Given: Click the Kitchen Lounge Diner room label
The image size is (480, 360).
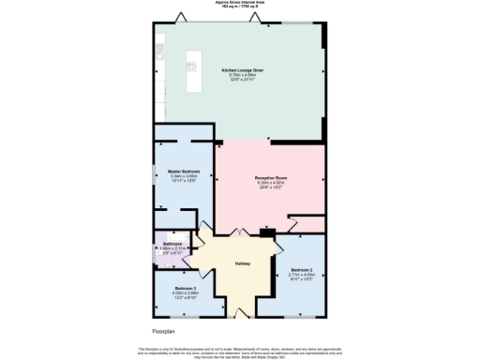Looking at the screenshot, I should [241, 70].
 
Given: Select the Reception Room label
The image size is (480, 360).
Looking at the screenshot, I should [270, 177].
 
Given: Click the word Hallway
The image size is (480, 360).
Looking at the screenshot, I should [242, 262].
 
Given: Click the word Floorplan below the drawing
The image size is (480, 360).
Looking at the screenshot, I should [165, 331].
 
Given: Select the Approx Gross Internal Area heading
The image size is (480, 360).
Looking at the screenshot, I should [240, 4].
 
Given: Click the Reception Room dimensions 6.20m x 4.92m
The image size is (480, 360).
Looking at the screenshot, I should [270, 183].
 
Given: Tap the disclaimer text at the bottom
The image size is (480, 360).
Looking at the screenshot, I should [240, 351].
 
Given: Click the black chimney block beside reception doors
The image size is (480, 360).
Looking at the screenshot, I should [268, 232].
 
